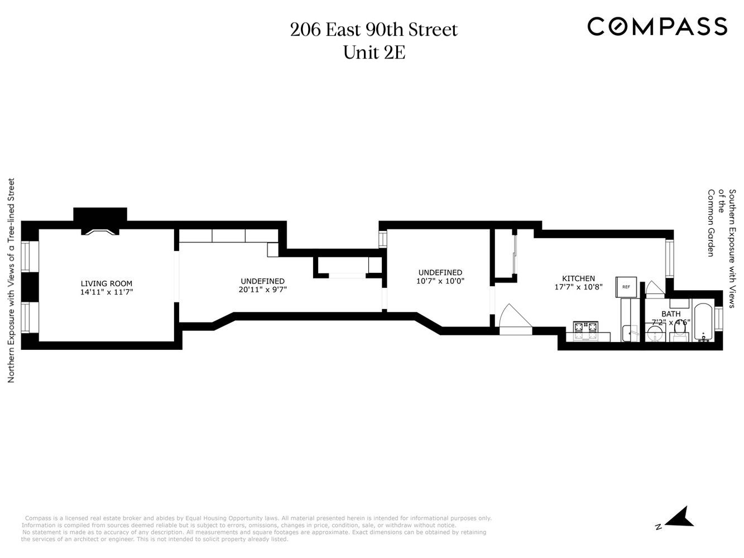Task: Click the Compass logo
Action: [x=657, y=26]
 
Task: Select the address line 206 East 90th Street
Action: [x=373, y=30]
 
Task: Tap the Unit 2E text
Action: [x=373, y=52]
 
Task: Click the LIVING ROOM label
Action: [x=107, y=283]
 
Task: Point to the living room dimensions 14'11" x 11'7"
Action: [x=107, y=292]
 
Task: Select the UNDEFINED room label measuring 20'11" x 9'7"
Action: [x=262, y=281]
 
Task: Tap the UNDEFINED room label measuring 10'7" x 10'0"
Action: [x=440, y=273]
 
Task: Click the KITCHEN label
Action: [x=578, y=278]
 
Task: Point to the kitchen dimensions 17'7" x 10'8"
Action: [x=578, y=287]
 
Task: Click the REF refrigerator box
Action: [x=626, y=287]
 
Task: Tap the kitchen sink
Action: [x=631, y=333]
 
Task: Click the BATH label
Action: [x=671, y=314]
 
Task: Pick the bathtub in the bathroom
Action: [x=702, y=323]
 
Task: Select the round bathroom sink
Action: [x=655, y=334]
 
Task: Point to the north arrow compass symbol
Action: [x=679, y=518]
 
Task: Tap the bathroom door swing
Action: [x=654, y=288]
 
